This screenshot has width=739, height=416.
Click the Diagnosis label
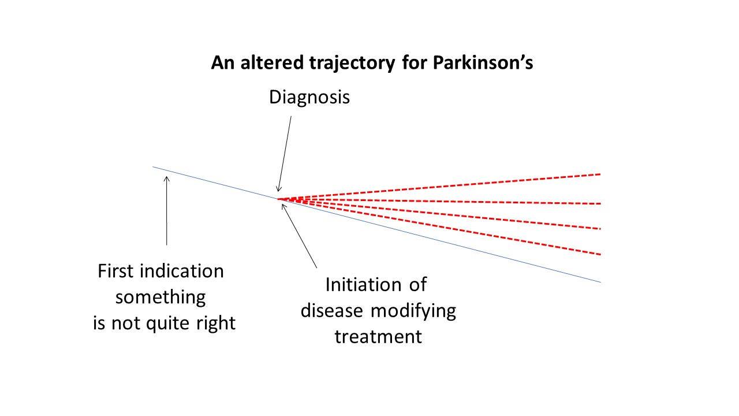point(309,97)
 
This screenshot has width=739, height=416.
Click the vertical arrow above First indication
point(167,211)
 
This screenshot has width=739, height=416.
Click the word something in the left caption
point(161,297)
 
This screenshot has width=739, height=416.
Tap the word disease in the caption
point(331,311)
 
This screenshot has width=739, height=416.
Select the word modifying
point(413,311)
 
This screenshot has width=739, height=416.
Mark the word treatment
point(378,336)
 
